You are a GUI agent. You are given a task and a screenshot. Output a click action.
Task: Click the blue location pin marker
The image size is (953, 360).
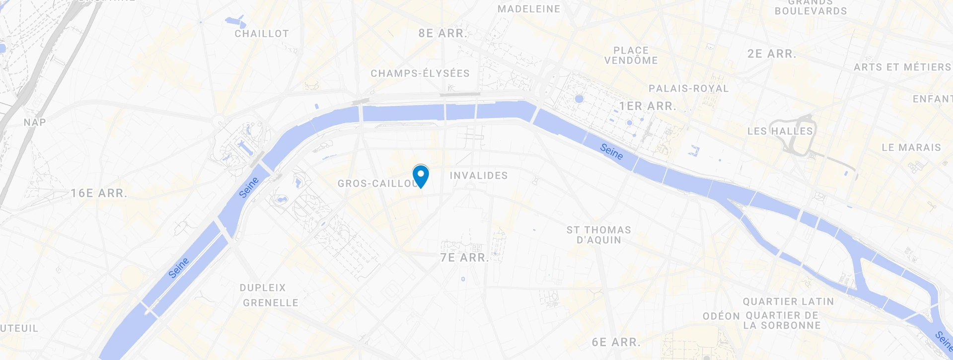pos(421,176)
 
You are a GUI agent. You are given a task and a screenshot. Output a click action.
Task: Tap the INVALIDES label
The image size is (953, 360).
pos(479,176)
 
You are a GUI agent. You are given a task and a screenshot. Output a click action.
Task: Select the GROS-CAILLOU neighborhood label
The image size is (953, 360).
pos(376,184)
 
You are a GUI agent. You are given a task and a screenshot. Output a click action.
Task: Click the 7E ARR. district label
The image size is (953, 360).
pos(464,258)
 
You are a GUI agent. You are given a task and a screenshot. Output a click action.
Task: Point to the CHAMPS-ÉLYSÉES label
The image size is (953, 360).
pos(420,73)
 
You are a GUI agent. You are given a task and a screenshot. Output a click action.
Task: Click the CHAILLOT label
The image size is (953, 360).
pos(262,34)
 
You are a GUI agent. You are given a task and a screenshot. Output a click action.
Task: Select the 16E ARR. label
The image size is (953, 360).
pos(99,194)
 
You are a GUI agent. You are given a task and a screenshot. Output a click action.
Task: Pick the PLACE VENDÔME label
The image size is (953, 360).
pos(631,55)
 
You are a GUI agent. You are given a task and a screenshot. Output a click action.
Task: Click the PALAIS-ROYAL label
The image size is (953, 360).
pos(688,88)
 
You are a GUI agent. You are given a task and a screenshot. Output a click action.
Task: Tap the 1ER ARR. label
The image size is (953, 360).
pos(648,106)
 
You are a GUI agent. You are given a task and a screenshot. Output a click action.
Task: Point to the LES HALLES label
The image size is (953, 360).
pos(780,131)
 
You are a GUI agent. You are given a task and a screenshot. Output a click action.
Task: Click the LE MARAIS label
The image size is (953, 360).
pos(911,147)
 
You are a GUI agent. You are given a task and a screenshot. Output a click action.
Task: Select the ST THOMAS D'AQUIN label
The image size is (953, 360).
pos(598,235)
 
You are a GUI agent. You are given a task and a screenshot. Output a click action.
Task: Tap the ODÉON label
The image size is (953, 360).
pos(721,316)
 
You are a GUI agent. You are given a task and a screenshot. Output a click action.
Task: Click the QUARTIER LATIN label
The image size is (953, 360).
pos(788,301)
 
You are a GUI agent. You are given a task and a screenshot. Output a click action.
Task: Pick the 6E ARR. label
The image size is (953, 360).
pos(616,342)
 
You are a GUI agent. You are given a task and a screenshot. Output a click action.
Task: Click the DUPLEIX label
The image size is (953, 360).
pos(263,288)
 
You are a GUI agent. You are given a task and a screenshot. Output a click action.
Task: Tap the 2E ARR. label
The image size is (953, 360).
pos(772,54)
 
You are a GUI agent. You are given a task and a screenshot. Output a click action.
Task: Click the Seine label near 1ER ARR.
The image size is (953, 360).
pos(611,152)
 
